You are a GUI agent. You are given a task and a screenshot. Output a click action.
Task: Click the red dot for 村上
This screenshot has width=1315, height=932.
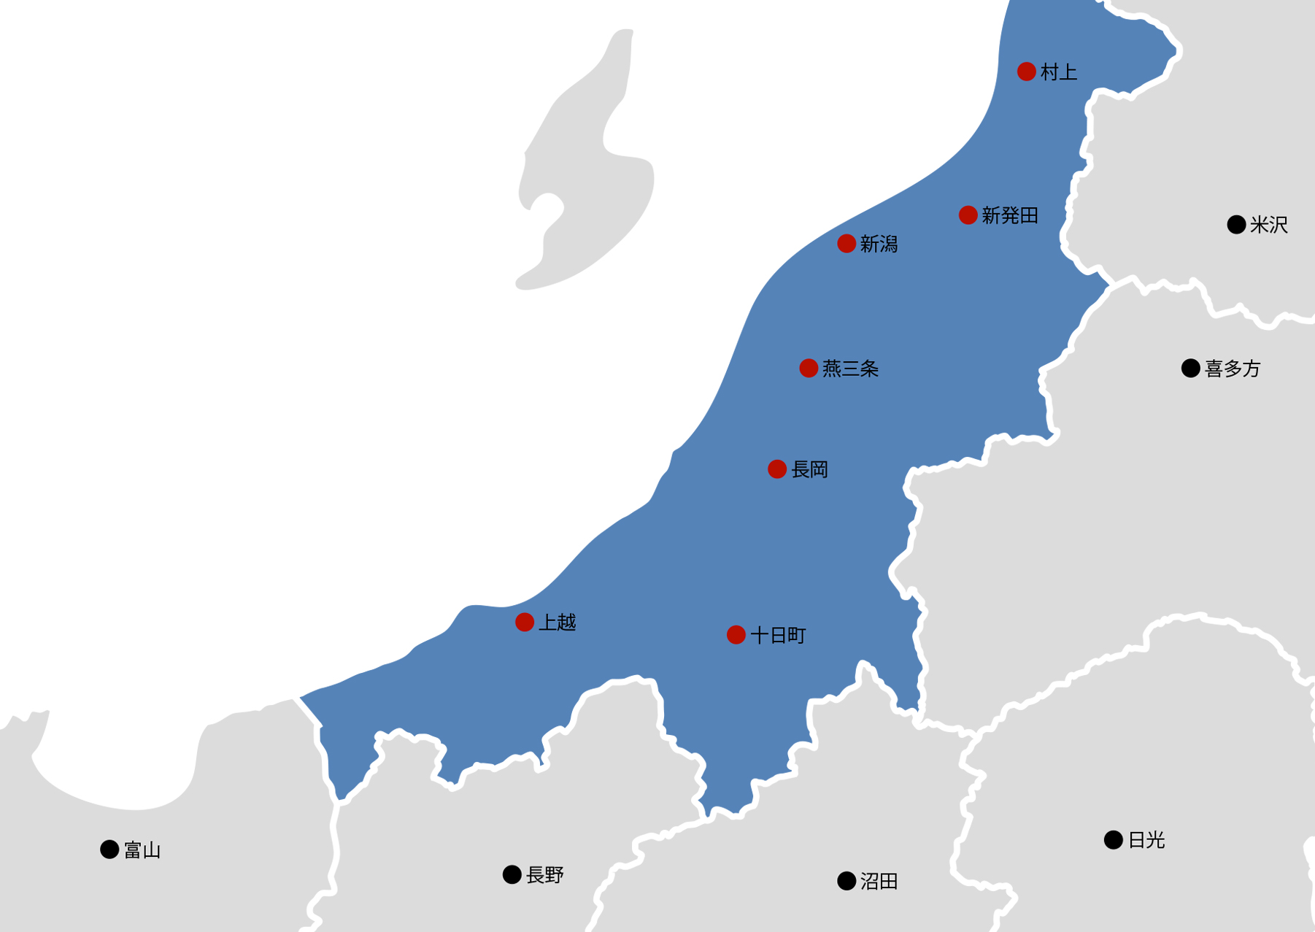pyautogui.click(x=1026, y=72)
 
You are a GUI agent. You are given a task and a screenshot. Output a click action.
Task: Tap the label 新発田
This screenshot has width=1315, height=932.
pyautogui.click(x=1010, y=215)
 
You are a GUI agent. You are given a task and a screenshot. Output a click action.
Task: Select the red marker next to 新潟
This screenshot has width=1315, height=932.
pyautogui.click(x=847, y=243)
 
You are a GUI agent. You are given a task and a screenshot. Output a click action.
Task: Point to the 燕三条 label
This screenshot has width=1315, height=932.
pyautogui.click(x=850, y=369)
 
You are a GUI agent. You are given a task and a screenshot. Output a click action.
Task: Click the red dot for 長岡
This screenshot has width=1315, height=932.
pyautogui.click(x=777, y=469)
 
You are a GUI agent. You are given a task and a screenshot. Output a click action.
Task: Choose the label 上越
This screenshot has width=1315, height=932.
pyautogui.click(x=558, y=623)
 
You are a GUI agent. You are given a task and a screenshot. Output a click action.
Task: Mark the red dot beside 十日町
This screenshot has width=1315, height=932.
pyautogui.click(x=736, y=635)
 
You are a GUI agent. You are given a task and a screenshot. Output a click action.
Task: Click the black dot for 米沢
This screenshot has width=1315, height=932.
pyautogui.click(x=1236, y=225)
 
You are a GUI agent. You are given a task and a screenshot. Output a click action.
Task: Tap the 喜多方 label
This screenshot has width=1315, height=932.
pyautogui.click(x=1233, y=369)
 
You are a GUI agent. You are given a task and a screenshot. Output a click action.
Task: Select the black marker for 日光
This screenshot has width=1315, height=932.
pyautogui.click(x=1113, y=840)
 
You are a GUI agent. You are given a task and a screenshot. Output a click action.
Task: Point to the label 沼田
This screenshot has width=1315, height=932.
pyautogui.click(x=879, y=882)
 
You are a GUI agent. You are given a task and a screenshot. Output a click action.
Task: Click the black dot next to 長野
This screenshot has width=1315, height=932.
pyautogui.click(x=512, y=874)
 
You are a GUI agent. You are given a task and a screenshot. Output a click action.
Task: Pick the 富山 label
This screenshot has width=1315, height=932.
pyautogui.click(x=142, y=850)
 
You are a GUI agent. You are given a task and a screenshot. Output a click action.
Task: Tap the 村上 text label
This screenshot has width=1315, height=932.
pyautogui.click(x=1059, y=72)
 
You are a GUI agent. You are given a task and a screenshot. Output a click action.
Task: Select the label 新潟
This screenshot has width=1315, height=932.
pyautogui.click(x=879, y=244)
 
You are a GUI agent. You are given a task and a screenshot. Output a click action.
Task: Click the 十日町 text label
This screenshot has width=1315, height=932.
pyautogui.click(x=778, y=636)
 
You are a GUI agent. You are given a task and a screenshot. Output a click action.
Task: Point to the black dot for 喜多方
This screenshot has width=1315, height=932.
pyautogui.click(x=1191, y=369)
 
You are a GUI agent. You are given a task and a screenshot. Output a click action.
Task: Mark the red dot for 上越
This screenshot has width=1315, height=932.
pyautogui.click(x=525, y=622)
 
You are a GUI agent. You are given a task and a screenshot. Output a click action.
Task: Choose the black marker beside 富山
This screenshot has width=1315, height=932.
pyautogui.click(x=109, y=850)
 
